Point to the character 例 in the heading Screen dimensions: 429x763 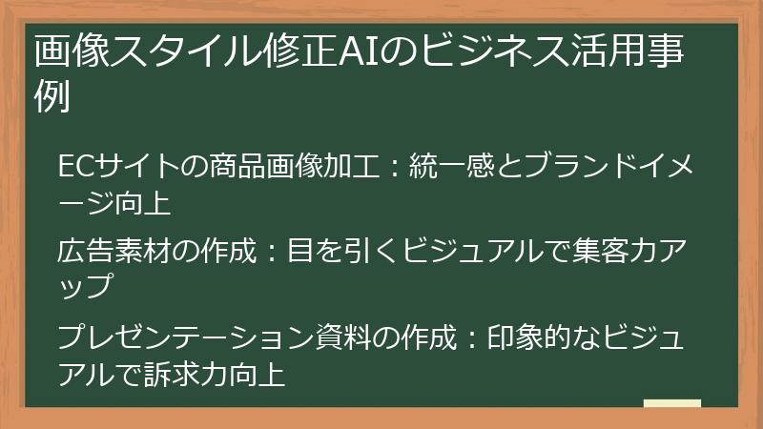click(x=52, y=97)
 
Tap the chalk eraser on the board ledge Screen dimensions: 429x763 click(x=672, y=403)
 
